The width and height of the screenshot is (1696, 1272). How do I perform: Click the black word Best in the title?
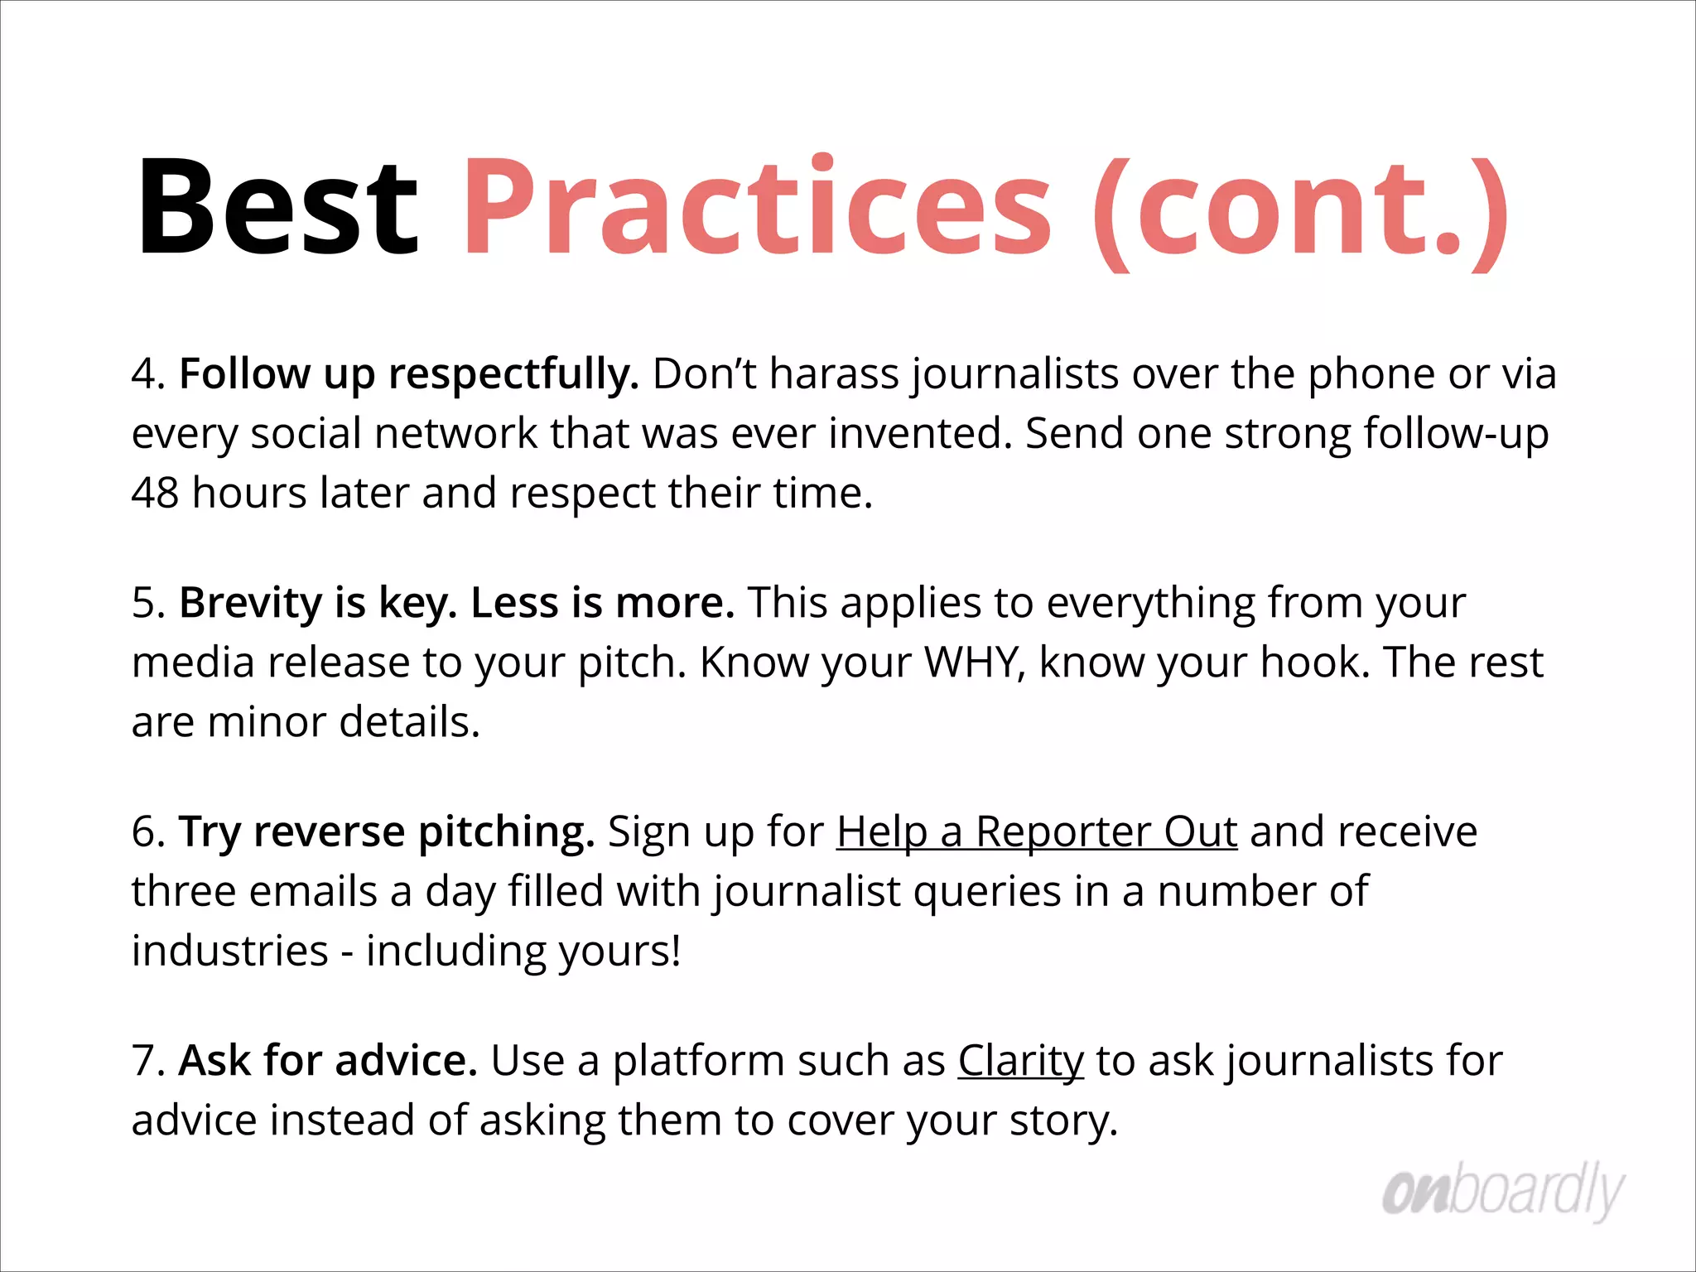(x=278, y=207)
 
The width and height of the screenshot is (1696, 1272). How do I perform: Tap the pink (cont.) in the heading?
(x=1300, y=211)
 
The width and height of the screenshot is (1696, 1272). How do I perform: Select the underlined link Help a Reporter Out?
(x=1037, y=831)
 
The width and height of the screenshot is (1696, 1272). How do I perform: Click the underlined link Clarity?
(x=1020, y=1061)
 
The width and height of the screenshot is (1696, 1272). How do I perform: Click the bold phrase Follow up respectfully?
(x=409, y=374)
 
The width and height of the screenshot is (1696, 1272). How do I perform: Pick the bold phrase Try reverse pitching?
(x=387, y=831)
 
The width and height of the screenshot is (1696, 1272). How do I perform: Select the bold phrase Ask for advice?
(x=328, y=1061)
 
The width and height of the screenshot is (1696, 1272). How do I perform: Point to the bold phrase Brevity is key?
(x=318, y=603)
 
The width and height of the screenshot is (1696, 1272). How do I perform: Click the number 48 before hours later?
(x=155, y=494)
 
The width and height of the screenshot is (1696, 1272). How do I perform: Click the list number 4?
(x=147, y=374)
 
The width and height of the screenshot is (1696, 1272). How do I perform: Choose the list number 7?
(x=147, y=1061)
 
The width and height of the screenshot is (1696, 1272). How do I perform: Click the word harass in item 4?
(x=834, y=374)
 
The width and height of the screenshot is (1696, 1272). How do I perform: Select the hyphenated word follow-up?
(x=1456, y=434)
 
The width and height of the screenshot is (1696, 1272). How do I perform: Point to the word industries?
(x=230, y=951)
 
